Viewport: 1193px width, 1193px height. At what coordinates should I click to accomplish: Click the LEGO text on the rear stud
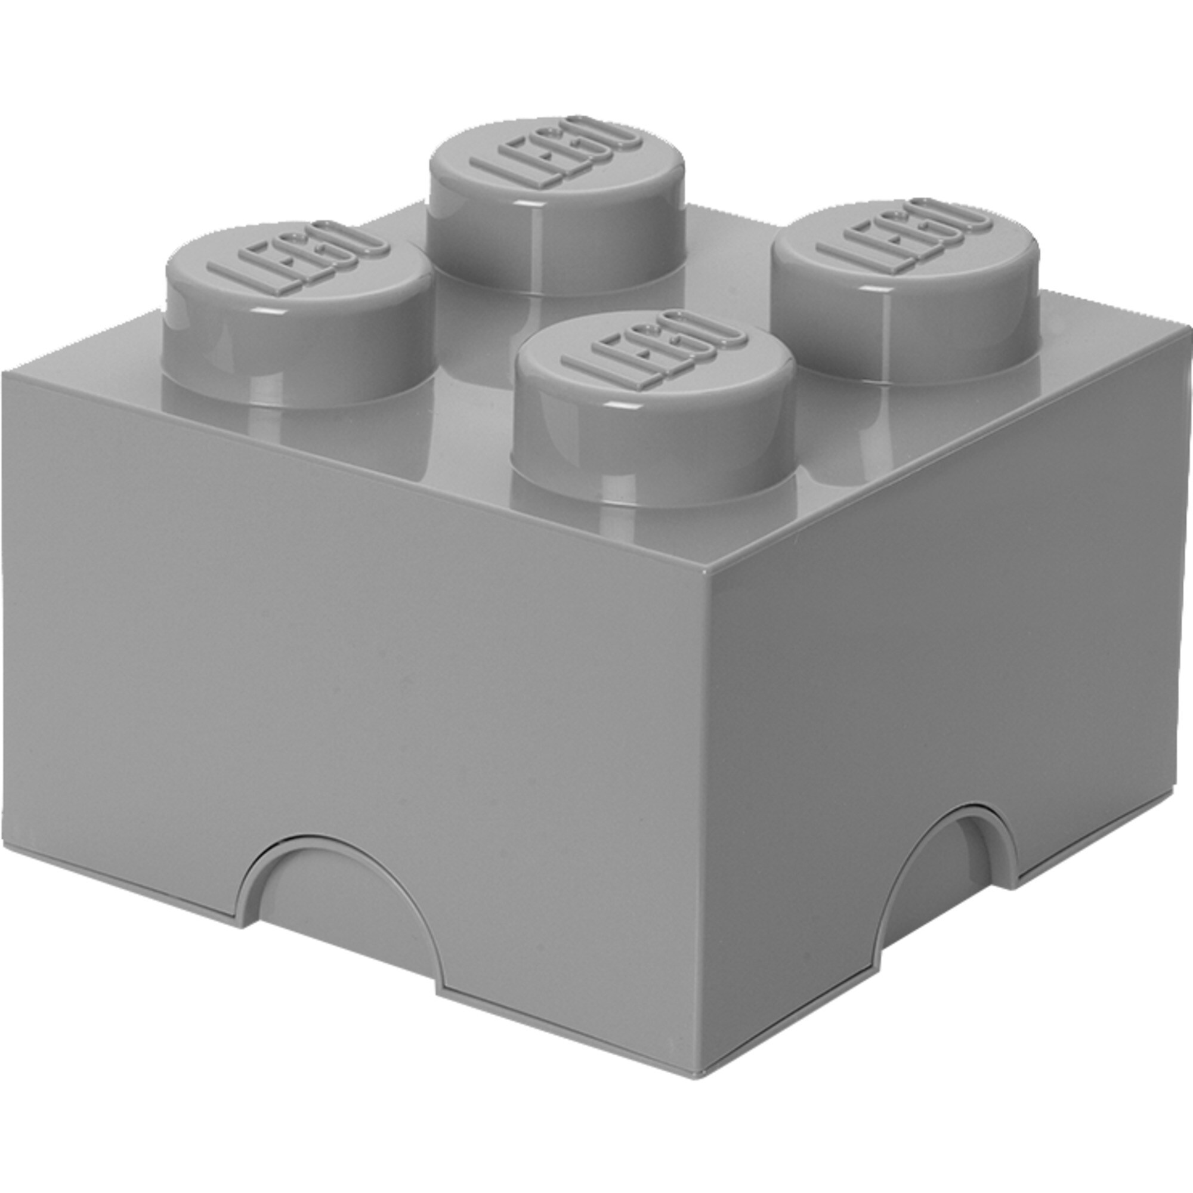click(556, 152)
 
